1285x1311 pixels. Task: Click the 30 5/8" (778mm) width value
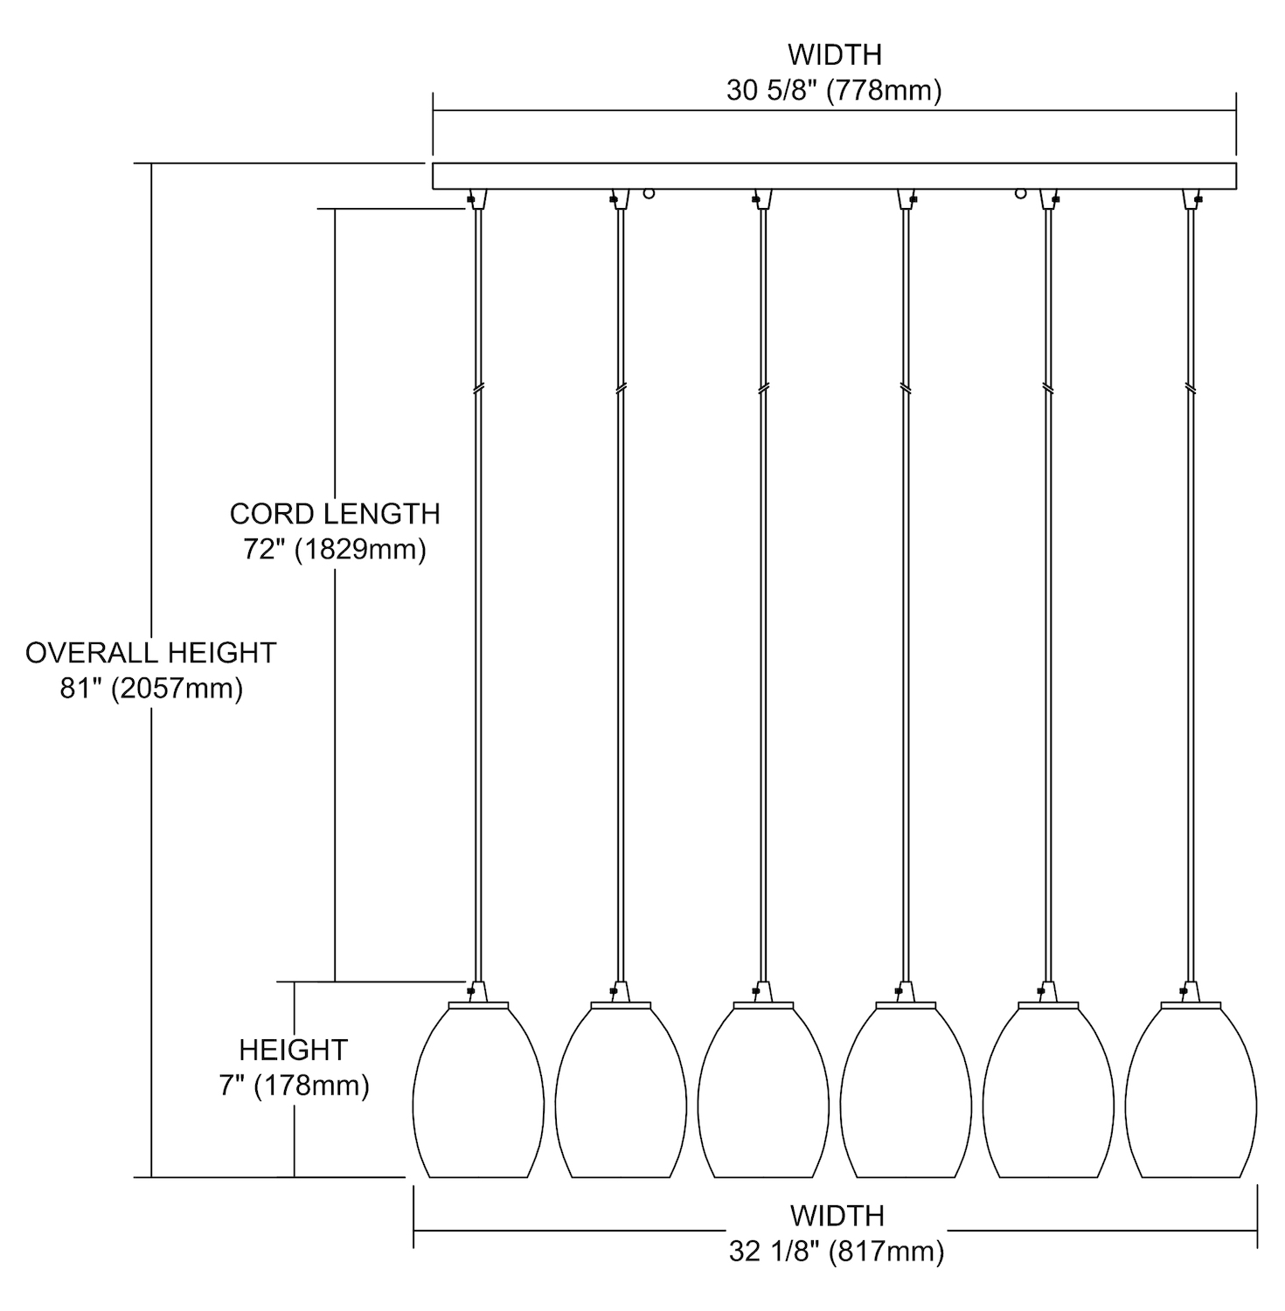tap(834, 91)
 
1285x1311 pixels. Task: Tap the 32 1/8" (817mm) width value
tap(837, 1252)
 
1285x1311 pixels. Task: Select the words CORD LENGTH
tap(335, 514)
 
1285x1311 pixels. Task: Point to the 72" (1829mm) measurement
tap(335, 551)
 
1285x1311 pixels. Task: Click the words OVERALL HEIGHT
tap(151, 653)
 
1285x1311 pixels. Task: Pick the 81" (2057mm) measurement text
tap(151, 689)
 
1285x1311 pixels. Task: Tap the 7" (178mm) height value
tap(294, 1086)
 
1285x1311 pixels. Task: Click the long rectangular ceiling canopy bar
tap(834, 176)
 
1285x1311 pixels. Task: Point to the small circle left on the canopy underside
tap(649, 193)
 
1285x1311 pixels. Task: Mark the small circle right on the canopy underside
tap(1020, 193)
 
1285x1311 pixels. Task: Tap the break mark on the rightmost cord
tap(1191, 387)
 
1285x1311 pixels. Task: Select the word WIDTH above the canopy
tap(834, 54)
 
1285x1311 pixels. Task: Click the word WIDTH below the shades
tap(837, 1215)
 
